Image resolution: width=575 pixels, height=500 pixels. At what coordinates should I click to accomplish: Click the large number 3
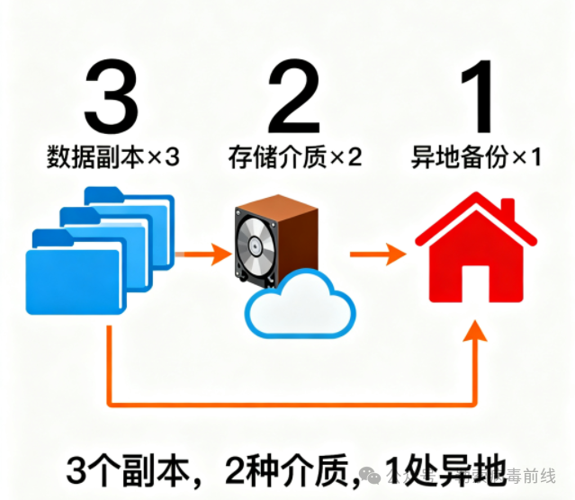pyautogui.click(x=112, y=96)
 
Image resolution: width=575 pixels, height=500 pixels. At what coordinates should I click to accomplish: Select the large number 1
pyautogui.click(x=476, y=96)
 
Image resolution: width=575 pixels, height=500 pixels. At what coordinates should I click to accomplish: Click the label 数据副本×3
pyautogui.click(x=112, y=157)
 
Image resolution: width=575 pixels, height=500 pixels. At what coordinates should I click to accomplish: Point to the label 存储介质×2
pyautogui.click(x=294, y=157)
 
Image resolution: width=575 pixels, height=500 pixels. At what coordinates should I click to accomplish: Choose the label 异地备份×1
pyautogui.click(x=476, y=157)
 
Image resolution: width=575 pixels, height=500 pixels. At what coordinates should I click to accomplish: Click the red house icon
pyautogui.click(x=477, y=256)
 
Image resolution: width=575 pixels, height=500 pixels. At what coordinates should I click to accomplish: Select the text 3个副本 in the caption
pyautogui.click(x=125, y=469)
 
